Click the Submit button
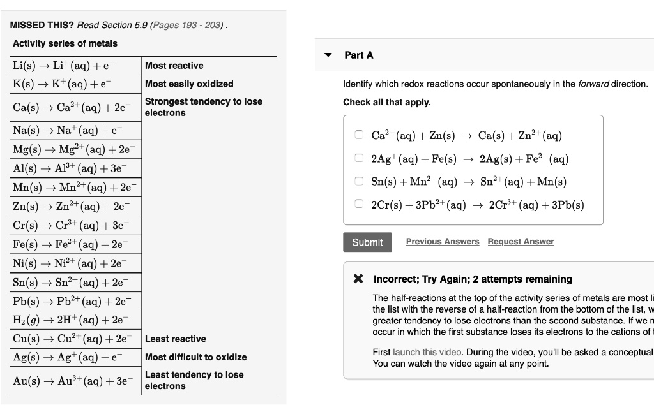coord(367,242)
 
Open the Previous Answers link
coord(442,242)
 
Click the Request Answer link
coord(521,242)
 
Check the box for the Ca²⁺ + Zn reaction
coord(360,135)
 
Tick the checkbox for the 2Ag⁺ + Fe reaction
coord(360,158)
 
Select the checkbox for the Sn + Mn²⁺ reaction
coord(360,181)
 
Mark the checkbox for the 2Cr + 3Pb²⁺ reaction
coord(360,205)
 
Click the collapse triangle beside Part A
coord(328,55)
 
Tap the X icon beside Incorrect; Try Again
coord(359,279)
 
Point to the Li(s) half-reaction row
coord(64,66)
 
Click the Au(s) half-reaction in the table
coord(70,380)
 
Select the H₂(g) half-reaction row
coord(70,320)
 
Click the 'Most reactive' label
coord(174,66)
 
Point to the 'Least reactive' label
coord(175,339)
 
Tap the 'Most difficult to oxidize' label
coord(195,357)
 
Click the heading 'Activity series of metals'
coord(65,43)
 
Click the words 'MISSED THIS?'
coord(42,25)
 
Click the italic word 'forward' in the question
coord(593,84)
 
